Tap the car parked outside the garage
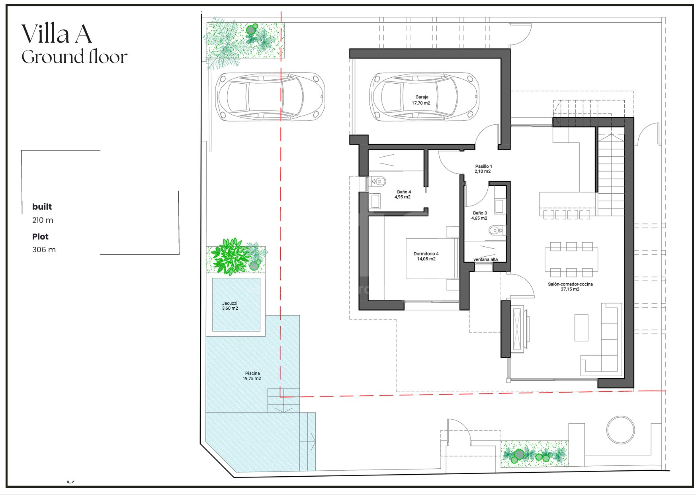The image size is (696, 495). pos(270,96)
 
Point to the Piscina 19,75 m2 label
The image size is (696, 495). pos(252,376)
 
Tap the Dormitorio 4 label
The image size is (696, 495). pos(426,256)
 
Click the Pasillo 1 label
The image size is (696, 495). pos(483,169)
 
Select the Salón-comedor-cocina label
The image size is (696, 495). pos(570,287)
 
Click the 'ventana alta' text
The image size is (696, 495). pos(485,259)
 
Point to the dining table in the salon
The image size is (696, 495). pos(571,259)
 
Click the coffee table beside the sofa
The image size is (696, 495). pos(581,328)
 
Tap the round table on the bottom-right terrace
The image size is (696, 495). pos(620,430)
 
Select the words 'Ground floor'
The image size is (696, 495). pos(74,57)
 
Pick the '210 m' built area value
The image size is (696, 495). pos(43,220)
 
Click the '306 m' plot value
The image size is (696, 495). pos(44,249)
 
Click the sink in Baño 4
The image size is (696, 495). pos(375,201)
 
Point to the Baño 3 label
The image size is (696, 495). pos(479,216)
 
